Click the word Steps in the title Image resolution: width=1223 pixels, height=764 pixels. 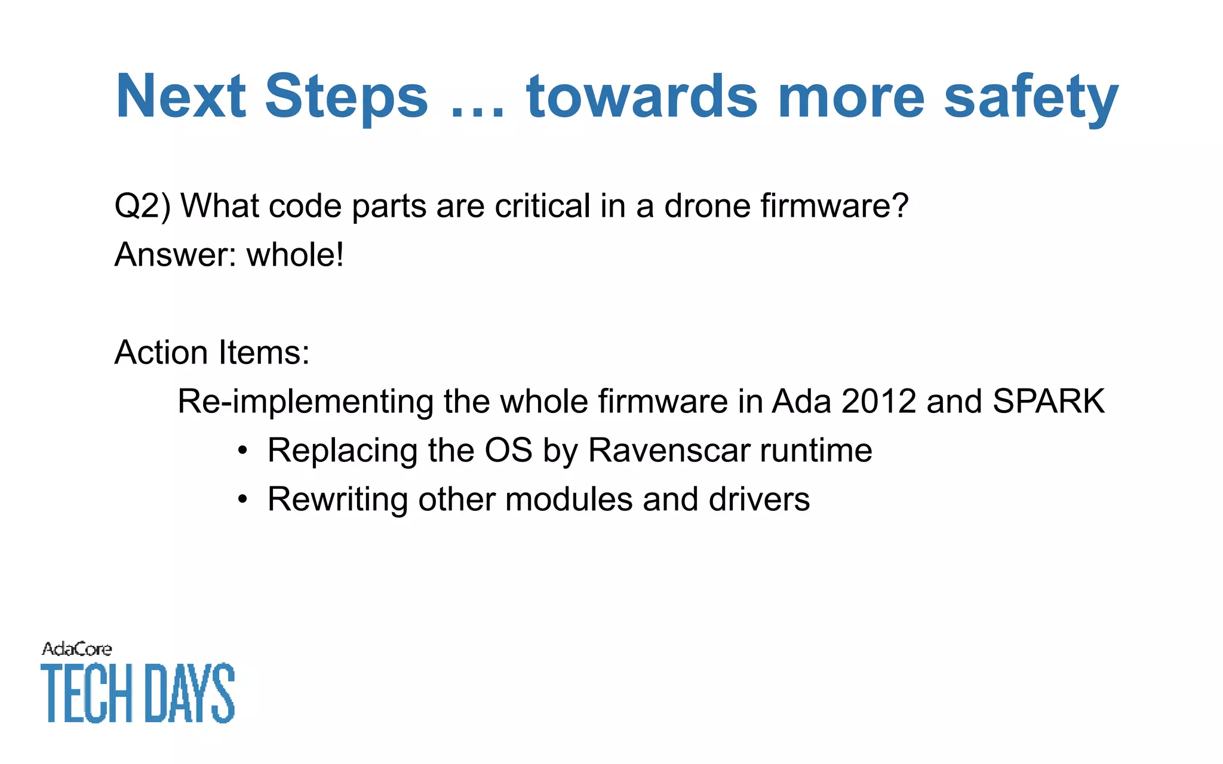[x=346, y=97]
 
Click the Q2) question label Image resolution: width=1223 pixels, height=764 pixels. [x=142, y=207]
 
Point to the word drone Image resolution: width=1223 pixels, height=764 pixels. [x=707, y=207]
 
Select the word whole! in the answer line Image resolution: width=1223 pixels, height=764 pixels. [x=295, y=255]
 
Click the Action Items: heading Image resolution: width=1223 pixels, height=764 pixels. [x=212, y=352]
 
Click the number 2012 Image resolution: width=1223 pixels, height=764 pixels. [x=878, y=401]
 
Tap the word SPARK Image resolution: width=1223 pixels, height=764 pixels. [x=1048, y=401]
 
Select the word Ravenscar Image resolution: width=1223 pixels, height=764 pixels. [x=669, y=450]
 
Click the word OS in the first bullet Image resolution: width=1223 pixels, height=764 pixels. [x=508, y=450]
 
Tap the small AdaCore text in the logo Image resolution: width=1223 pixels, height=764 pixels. [x=76, y=649]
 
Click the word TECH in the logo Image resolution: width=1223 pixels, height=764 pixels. [x=87, y=693]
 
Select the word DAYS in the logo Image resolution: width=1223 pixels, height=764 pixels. [x=190, y=693]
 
